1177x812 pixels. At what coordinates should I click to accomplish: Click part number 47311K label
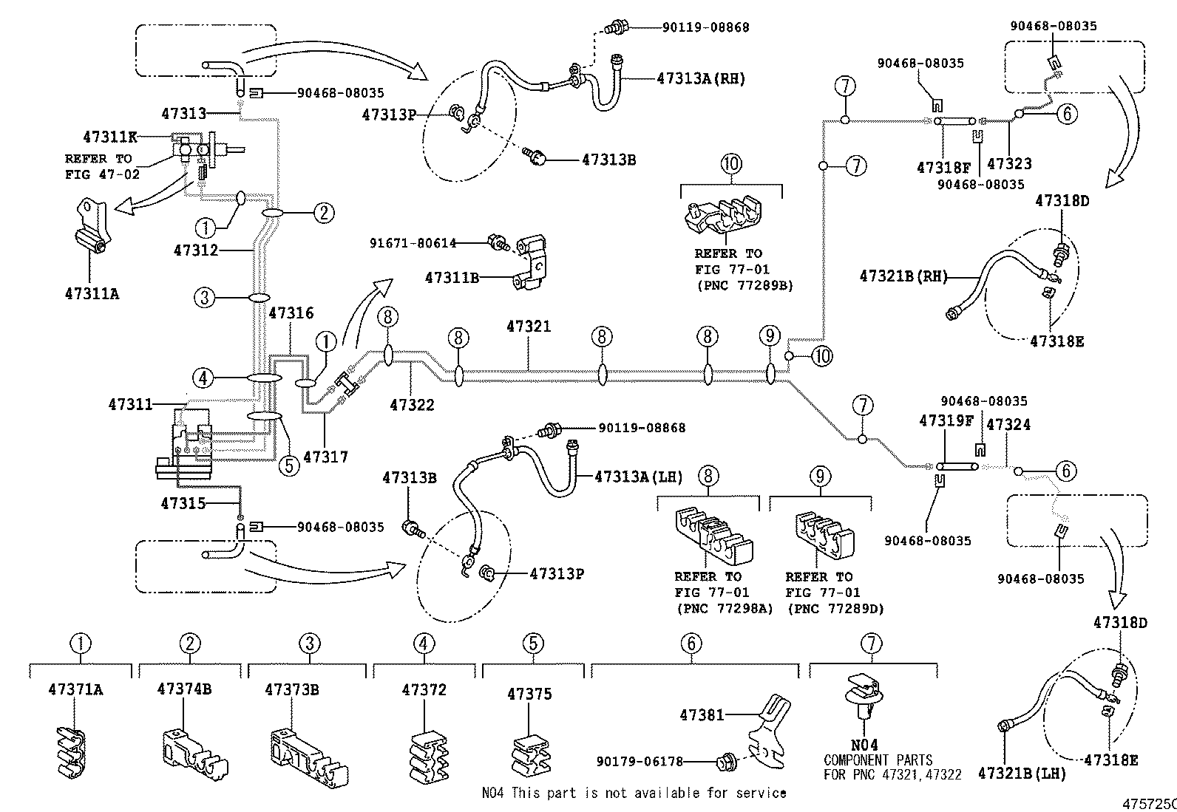point(110,137)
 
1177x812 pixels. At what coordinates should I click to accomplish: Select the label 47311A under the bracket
point(92,293)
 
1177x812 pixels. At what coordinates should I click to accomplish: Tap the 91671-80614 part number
point(413,242)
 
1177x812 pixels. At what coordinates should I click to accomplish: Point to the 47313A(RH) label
point(701,78)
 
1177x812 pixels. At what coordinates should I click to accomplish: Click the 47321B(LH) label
point(1022,773)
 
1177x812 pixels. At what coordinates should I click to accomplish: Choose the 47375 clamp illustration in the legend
point(530,755)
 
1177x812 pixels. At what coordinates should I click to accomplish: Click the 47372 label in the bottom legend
point(424,690)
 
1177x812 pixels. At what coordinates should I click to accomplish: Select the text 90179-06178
point(640,761)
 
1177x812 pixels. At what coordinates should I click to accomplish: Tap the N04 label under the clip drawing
point(864,746)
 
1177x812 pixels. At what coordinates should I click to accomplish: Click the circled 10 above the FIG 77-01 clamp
point(730,163)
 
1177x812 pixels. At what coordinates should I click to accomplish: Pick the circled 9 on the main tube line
point(770,337)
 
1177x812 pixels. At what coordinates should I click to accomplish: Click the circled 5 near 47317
point(289,465)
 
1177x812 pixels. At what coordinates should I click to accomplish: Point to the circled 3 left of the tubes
point(205,298)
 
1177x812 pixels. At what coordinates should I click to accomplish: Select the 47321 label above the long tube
point(529,326)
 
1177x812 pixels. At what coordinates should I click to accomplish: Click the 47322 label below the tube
point(412,405)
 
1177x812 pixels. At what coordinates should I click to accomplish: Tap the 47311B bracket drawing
point(535,265)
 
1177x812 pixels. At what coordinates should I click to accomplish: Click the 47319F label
point(946,420)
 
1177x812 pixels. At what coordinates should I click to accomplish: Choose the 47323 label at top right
point(1009,164)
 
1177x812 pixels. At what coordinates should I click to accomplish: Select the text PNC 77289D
point(835,608)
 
